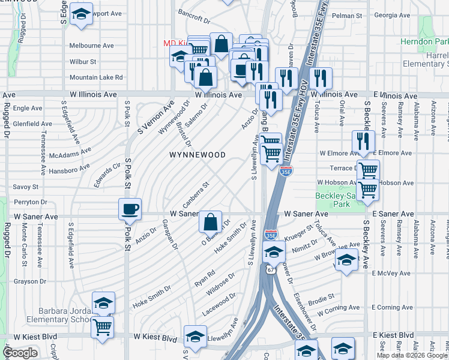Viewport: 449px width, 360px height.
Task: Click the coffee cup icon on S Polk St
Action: point(130,209)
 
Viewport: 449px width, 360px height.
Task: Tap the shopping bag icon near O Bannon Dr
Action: point(211,222)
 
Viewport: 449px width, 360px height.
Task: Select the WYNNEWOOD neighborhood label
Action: point(197,155)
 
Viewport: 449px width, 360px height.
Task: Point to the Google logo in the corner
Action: point(20,352)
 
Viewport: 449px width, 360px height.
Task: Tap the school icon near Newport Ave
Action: point(80,15)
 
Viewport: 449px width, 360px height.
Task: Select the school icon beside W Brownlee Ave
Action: point(346,260)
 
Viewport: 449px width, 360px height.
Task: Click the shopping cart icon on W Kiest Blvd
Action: point(103,328)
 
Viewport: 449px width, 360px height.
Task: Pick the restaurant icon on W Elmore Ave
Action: point(363,142)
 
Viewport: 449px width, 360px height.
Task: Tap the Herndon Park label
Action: point(425,41)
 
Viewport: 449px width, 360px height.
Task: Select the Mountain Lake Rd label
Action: point(96,77)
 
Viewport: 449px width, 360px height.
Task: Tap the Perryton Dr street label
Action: point(23,202)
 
